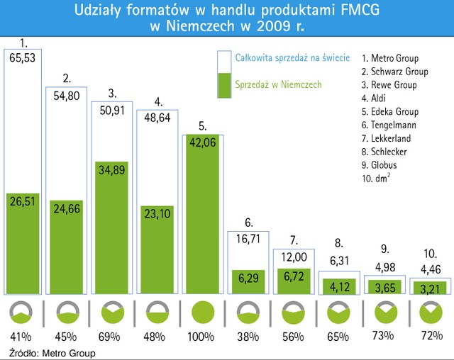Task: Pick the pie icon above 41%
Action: click(x=23, y=313)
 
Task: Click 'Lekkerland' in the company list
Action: click(x=386, y=138)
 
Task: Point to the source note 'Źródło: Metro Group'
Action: click(x=52, y=352)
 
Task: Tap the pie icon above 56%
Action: click(x=292, y=313)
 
